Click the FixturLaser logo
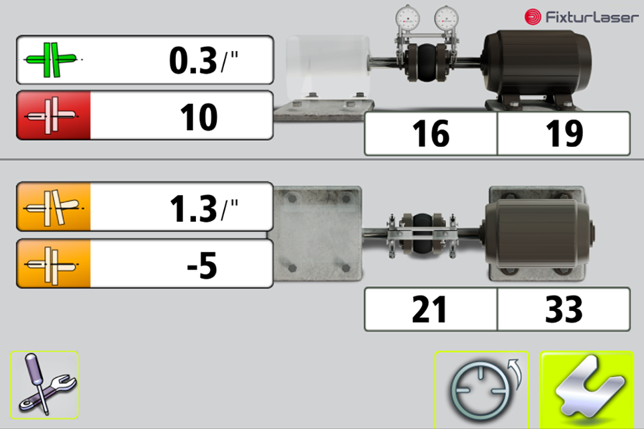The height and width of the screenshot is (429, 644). point(582,17)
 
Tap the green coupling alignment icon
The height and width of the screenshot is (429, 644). point(51,60)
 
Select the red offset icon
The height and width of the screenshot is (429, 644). point(51,115)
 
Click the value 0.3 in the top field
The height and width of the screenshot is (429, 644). point(193,61)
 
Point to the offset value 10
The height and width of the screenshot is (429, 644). point(199,117)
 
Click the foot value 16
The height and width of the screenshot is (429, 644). point(431,134)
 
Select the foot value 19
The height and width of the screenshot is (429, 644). point(564,134)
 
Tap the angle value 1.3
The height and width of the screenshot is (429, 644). point(193,208)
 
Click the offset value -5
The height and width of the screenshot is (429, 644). point(202,265)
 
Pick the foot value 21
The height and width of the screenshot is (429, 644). point(429,309)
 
